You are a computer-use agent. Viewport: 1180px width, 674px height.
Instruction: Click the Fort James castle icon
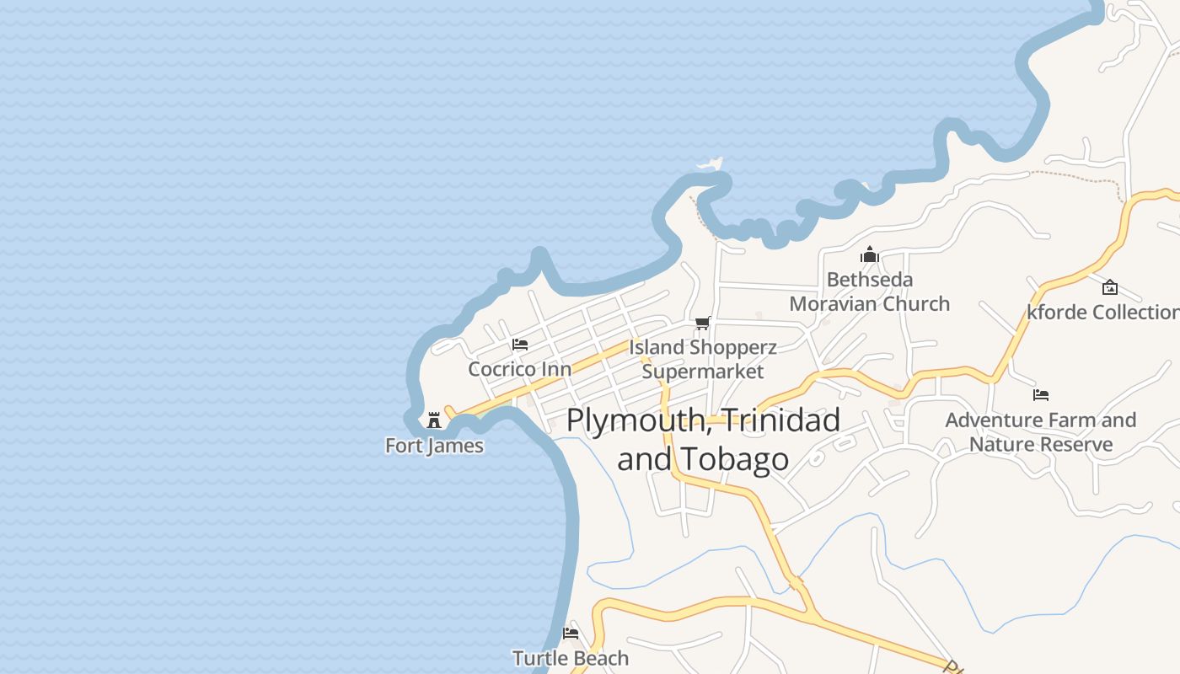pos(434,420)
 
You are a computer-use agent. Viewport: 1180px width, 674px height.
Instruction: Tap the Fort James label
pos(434,446)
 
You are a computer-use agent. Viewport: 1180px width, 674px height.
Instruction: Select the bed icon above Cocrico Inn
pos(520,345)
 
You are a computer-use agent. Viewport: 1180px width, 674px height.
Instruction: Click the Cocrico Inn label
pos(519,369)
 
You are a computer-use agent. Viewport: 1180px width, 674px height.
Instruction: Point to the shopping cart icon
pos(702,323)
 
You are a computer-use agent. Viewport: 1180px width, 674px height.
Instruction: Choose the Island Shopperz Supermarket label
pos(703,359)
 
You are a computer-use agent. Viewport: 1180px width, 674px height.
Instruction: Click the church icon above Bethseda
pos(870,254)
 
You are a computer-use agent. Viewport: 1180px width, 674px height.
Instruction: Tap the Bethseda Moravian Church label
pos(870,292)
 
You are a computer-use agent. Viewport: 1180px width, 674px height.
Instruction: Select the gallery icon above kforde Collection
pos(1110,287)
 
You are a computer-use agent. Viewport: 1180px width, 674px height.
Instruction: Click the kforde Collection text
pos(1102,312)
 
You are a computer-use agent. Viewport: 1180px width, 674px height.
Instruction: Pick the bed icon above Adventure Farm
pos(1041,394)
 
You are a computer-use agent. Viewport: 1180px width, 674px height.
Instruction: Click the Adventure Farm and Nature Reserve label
pos(1041,431)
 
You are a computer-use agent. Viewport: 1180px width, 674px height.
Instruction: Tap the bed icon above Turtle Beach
pos(571,634)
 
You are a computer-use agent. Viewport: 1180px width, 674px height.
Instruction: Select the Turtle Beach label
pos(571,658)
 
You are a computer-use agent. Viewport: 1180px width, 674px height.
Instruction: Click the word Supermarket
pos(703,372)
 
